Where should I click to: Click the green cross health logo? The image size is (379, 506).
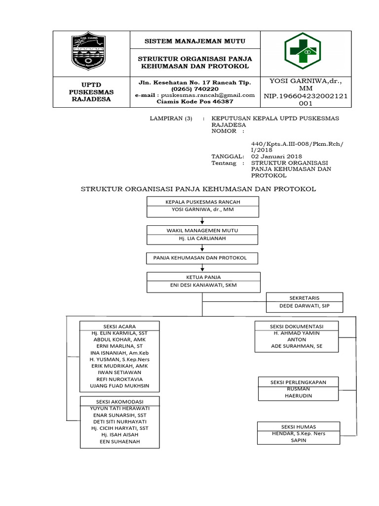coord(302,53)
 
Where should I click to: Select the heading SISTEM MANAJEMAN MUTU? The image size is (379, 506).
coord(194,41)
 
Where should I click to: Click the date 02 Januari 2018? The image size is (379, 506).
coord(276,156)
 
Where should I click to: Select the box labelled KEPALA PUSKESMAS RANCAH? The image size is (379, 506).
coord(202,202)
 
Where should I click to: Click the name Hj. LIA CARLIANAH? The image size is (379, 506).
coord(202,239)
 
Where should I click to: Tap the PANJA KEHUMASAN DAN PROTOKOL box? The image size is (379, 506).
coord(200,258)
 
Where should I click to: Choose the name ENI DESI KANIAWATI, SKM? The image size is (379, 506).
coord(202,286)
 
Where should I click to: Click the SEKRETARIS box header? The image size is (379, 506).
coord(304,298)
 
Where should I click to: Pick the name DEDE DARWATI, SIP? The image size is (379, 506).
coord(304,306)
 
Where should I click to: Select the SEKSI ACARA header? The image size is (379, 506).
coord(119,326)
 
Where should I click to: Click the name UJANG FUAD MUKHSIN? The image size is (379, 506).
coord(119,385)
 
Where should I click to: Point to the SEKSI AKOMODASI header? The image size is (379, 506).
coord(119,401)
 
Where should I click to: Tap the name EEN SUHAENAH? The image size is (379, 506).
coord(119,441)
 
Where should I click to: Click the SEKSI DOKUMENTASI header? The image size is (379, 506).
coord(296,327)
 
